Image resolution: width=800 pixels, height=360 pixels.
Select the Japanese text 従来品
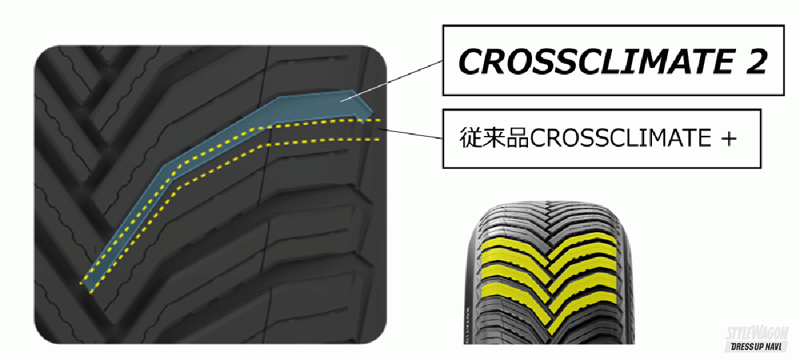point(494,138)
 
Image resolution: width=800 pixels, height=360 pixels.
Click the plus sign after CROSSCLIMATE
point(729,138)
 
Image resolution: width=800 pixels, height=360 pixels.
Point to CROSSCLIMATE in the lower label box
point(621,138)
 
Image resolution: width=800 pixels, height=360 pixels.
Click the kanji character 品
point(517,138)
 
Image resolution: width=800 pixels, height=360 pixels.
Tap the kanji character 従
point(471,138)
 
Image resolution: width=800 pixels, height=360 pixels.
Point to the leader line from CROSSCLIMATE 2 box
point(391,81)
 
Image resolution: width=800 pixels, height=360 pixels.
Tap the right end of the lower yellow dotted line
point(379,139)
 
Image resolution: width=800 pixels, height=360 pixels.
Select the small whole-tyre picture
point(549,273)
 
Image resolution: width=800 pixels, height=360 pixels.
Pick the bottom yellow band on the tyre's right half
point(582,308)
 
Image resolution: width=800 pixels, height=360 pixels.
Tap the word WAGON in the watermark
point(771,333)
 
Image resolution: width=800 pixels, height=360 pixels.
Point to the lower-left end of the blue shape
point(86,285)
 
